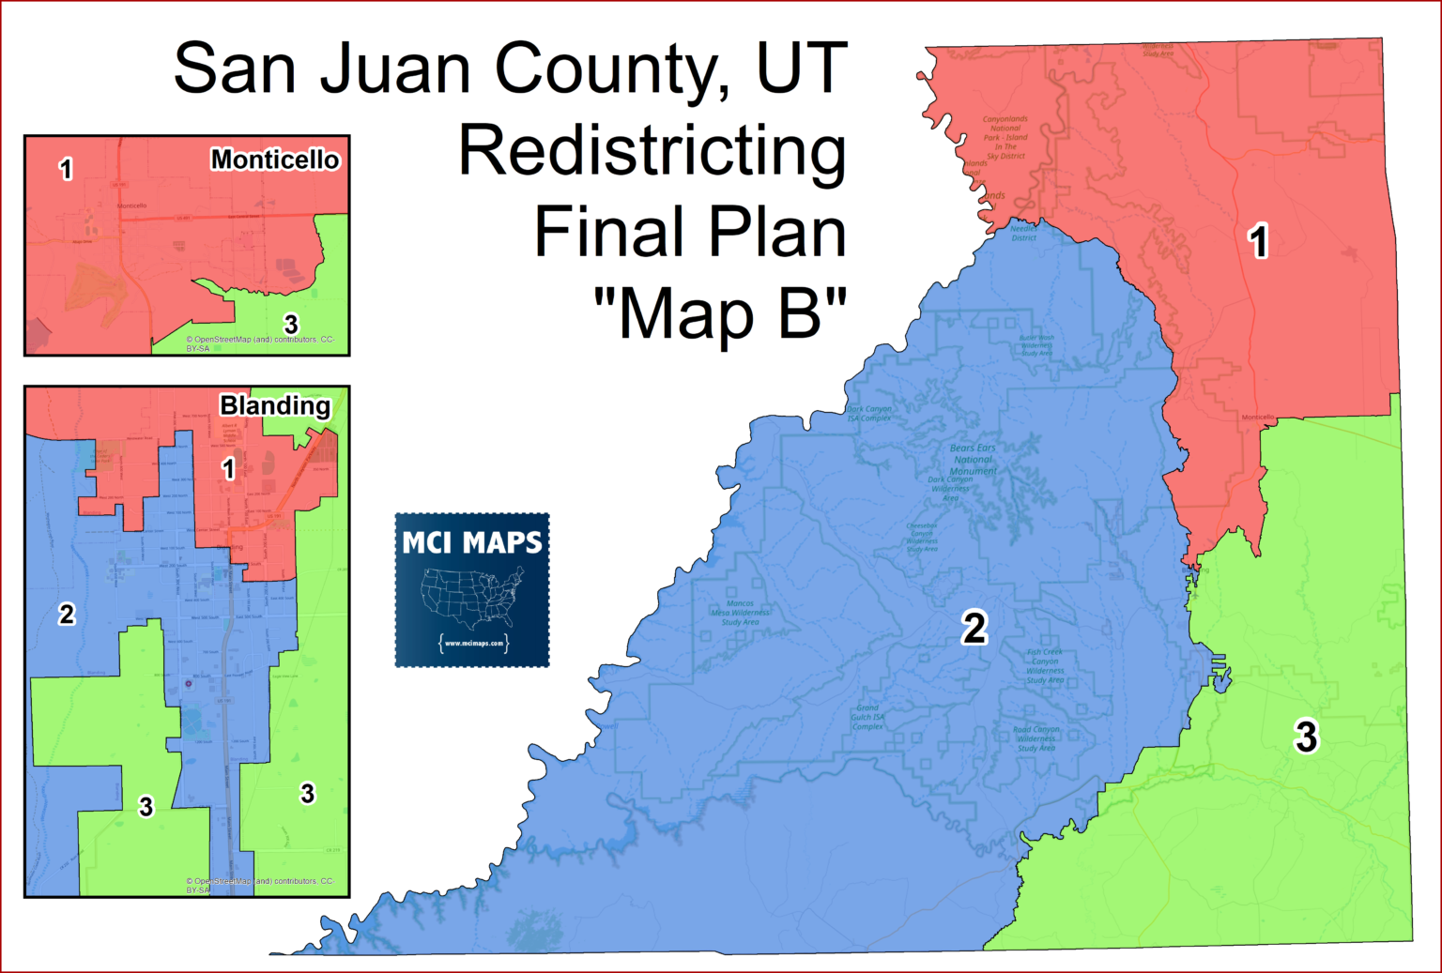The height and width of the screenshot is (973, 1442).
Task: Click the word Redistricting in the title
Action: pyautogui.click(x=652, y=152)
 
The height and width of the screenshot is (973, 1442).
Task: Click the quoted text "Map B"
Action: pyautogui.click(x=720, y=314)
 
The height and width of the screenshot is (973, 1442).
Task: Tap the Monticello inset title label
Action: pyautogui.click(x=274, y=160)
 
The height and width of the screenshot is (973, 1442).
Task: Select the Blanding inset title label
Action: pyautogui.click(x=275, y=405)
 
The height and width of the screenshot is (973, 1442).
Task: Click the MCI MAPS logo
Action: pyautogui.click(x=472, y=590)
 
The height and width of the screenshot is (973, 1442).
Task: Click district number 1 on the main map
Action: pyautogui.click(x=1259, y=242)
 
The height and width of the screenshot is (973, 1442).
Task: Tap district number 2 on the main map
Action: pyautogui.click(x=974, y=628)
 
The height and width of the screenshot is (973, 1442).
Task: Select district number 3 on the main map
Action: pyautogui.click(x=1306, y=737)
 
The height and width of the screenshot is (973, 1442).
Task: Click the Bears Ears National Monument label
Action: pyautogui.click(x=973, y=460)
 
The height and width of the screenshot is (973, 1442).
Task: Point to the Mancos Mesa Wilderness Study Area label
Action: pyautogui.click(x=740, y=613)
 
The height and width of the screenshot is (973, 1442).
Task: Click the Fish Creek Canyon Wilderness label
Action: pyautogui.click(x=1045, y=665)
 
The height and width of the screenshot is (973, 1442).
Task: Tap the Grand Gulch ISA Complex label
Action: pyautogui.click(x=867, y=717)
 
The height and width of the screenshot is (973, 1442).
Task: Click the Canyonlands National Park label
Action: pyautogui.click(x=1005, y=133)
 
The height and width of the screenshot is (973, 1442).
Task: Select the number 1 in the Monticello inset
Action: pyautogui.click(x=66, y=170)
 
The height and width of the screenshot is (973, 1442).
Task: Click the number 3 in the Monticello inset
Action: pyautogui.click(x=291, y=325)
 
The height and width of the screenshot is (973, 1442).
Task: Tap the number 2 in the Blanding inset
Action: pyautogui.click(x=67, y=615)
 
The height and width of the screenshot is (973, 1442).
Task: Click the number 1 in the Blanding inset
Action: pyautogui.click(x=228, y=468)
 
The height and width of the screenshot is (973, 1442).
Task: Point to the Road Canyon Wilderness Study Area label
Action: pyautogui.click(x=1036, y=738)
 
